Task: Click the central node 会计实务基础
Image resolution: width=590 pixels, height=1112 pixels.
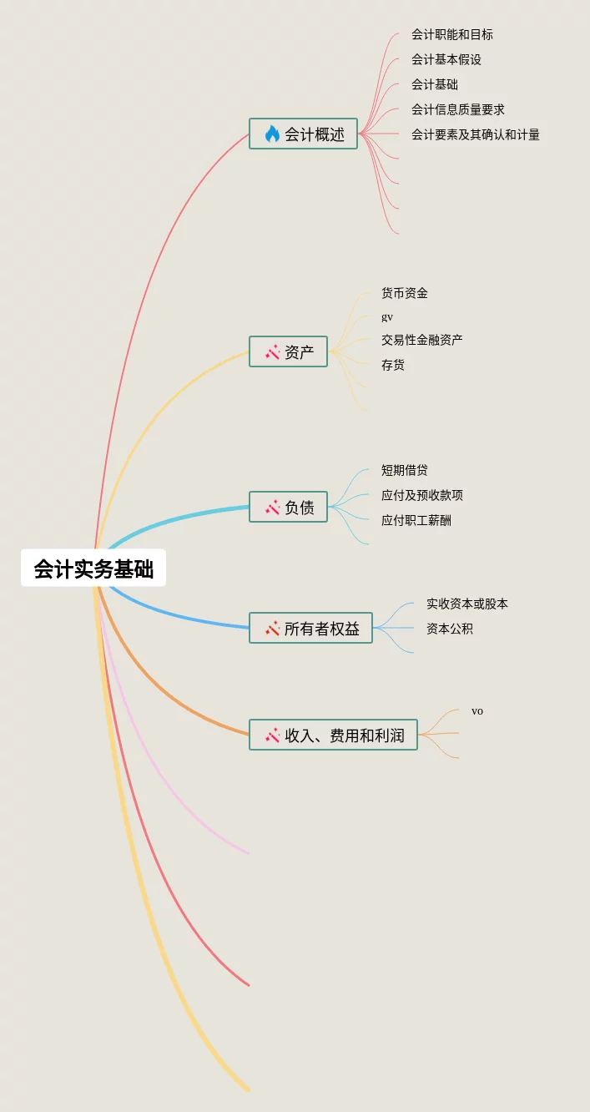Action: coord(93,569)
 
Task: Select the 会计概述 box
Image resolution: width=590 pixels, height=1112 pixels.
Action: coord(304,134)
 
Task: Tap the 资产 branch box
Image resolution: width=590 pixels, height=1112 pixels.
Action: coord(289,352)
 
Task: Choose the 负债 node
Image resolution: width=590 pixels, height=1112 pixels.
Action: coord(289,507)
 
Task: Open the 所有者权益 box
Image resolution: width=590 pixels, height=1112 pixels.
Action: coord(311,628)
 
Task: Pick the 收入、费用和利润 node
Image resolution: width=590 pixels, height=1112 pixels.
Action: coord(334,735)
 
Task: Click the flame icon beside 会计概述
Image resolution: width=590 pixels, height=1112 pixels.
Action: coord(272,134)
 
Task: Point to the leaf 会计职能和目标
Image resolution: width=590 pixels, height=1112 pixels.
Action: coord(451,34)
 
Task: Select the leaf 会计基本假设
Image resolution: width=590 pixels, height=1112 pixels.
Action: coord(446,59)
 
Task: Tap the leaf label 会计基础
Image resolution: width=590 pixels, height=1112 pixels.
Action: coord(434,84)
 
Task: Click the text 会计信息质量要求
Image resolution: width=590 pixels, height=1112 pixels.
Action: coord(457,109)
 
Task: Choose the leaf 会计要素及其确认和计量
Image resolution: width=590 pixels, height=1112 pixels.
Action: coord(475,134)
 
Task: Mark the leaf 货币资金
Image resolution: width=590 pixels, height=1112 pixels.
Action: coord(404,293)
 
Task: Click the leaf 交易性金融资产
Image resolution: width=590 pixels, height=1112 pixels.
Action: coord(421,340)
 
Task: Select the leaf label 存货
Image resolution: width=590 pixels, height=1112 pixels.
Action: coord(392,365)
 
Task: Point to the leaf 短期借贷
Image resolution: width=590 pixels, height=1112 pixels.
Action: coord(404,470)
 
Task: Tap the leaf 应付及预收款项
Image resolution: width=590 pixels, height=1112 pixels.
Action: coord(421,495)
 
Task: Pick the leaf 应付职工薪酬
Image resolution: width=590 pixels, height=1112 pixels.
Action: coord(416,520)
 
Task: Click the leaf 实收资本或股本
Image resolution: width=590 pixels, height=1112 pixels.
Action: coord(466,604)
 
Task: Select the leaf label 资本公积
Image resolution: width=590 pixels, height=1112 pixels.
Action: coord(449,629)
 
